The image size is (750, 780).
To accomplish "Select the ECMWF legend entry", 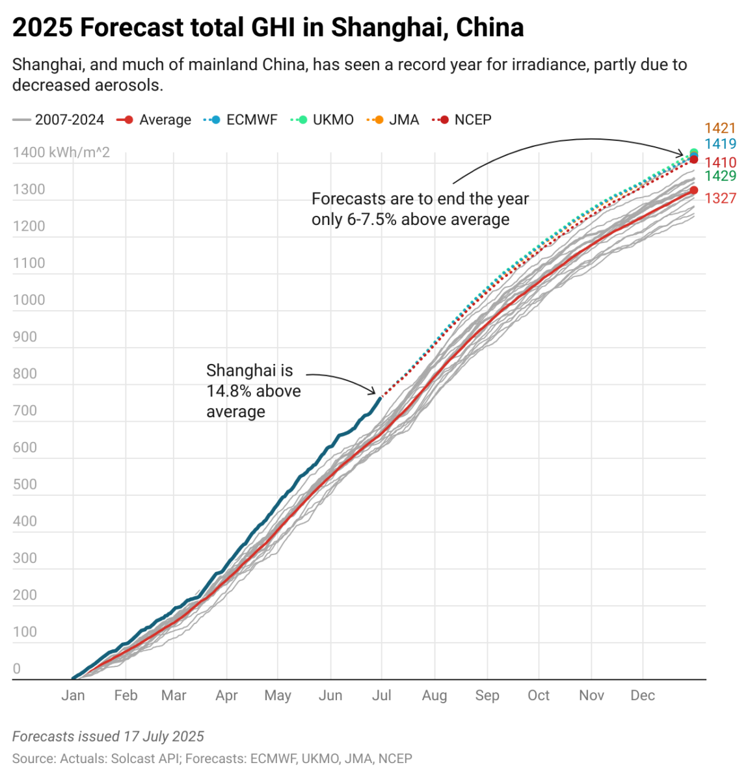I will (x=251, y=120).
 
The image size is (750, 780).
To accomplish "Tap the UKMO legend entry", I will (x=333, y=120).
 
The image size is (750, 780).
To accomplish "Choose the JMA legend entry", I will (x=403, y=120).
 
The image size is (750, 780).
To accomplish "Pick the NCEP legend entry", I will (x=472, y=120).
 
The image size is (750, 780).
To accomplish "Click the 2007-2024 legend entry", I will (x=69, y=120).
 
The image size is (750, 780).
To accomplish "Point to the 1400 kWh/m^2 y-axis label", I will (x=61, y=153).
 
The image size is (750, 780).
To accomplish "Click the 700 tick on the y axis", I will (x=25, y=411).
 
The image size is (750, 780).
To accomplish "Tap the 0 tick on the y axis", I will (x=17, y=669).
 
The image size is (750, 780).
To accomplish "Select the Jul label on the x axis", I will (x=381, y=695).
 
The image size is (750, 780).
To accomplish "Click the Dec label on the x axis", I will (x=643, y=695).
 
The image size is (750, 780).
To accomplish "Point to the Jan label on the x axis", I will (x=73, y=695).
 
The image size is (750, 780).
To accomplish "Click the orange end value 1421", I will (x=720, y=129).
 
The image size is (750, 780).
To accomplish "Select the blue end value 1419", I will (x=720, y=144).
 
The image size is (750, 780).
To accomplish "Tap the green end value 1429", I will (x=720, y=176).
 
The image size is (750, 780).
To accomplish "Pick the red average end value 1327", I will (x=720, y=198).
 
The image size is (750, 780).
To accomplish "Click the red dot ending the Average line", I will (x=693, y=190).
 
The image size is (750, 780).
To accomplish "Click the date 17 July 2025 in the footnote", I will (x=164, y=736).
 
